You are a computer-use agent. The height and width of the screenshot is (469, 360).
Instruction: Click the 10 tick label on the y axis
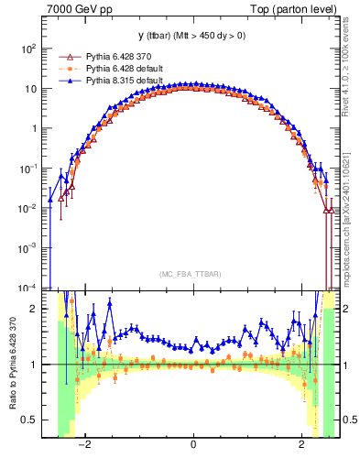pos(31,89)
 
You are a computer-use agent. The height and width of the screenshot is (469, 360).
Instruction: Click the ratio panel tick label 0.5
pos(31,420)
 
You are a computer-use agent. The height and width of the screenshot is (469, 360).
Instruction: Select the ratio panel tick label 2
pos(35,309)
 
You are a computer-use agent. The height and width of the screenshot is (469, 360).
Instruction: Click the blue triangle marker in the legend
pos(64,80)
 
